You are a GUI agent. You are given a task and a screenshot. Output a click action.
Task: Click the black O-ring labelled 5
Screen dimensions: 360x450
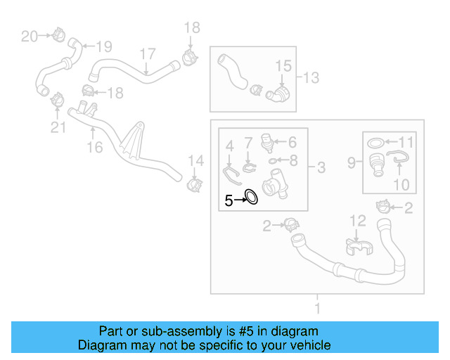[250, 197]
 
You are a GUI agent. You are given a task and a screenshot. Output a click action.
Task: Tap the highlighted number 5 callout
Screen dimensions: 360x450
[229, 200]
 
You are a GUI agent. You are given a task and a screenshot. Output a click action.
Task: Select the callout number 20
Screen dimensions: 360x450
[30, 36]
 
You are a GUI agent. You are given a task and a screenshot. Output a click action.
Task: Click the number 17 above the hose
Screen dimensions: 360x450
[146, 54]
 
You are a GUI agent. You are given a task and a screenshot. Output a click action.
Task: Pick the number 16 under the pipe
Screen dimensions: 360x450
[94, 147]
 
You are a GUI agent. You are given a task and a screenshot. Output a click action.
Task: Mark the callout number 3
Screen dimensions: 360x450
[321, 167]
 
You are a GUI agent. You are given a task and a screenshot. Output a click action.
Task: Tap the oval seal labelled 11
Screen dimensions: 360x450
[377, 142]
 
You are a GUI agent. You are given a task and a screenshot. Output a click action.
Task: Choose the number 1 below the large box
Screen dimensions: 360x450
[317, 307]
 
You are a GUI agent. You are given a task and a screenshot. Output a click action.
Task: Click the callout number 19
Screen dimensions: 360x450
[103, 47]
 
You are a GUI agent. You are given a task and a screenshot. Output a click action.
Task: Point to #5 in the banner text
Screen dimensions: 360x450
[248, 331]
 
